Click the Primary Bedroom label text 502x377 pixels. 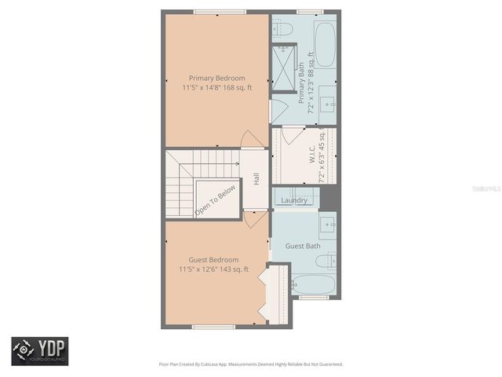pos(216,79)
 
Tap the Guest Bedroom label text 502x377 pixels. pos(213,260)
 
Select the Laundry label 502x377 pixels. pos(294,201)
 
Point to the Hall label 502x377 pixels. pos(256,179)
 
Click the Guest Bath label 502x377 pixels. pos(302,247)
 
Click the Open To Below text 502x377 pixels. pos(215,200)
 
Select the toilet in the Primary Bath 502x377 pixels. pos(283,29)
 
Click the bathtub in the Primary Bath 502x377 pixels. pos(325,43)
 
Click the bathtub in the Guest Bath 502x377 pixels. pos(314,284)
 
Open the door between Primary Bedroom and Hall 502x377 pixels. pos(253,140)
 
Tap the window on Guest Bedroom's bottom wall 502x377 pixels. pos(213,326)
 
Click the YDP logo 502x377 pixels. pos(39,351)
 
